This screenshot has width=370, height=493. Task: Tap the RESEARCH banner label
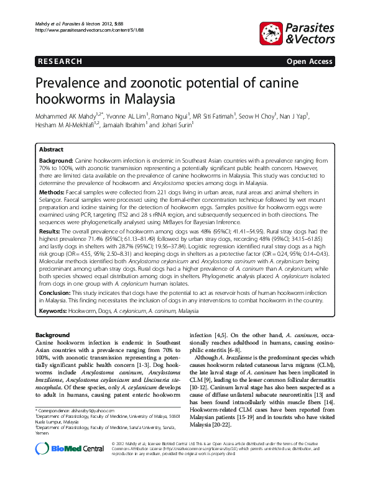click(x=60, y=61)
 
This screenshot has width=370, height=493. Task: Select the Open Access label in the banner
click(x=308, y=61)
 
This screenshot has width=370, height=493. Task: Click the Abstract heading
click(x=51, y=150)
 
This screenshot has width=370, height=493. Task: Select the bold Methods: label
click(x=52, y=194)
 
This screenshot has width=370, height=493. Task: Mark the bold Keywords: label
click(x=53, y=309)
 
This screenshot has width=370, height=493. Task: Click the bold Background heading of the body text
click(x=52, y=335)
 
